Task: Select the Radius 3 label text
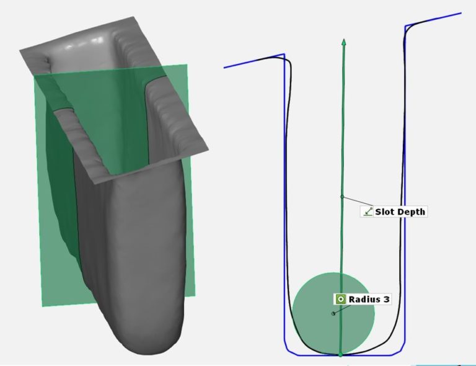(x=369, y=299)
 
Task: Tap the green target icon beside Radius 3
(x=340, y=299)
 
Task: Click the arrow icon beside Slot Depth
(x=368, y=212)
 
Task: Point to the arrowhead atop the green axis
(x=343, y=43)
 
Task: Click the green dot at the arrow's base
(x=340, y=354)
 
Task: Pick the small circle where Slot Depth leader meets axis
(x=342, y=197)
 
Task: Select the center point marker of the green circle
(x=333, y=313)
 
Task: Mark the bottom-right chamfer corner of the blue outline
(x=400, y=352)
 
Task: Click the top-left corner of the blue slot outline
(x=284, y=54)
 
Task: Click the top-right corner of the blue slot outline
(x=405, y=26)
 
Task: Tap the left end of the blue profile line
(x=224, y=67)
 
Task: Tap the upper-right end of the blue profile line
(x=461, y=13)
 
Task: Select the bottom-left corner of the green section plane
(x=42, y=306)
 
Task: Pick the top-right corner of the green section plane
(x=188, y=65)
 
